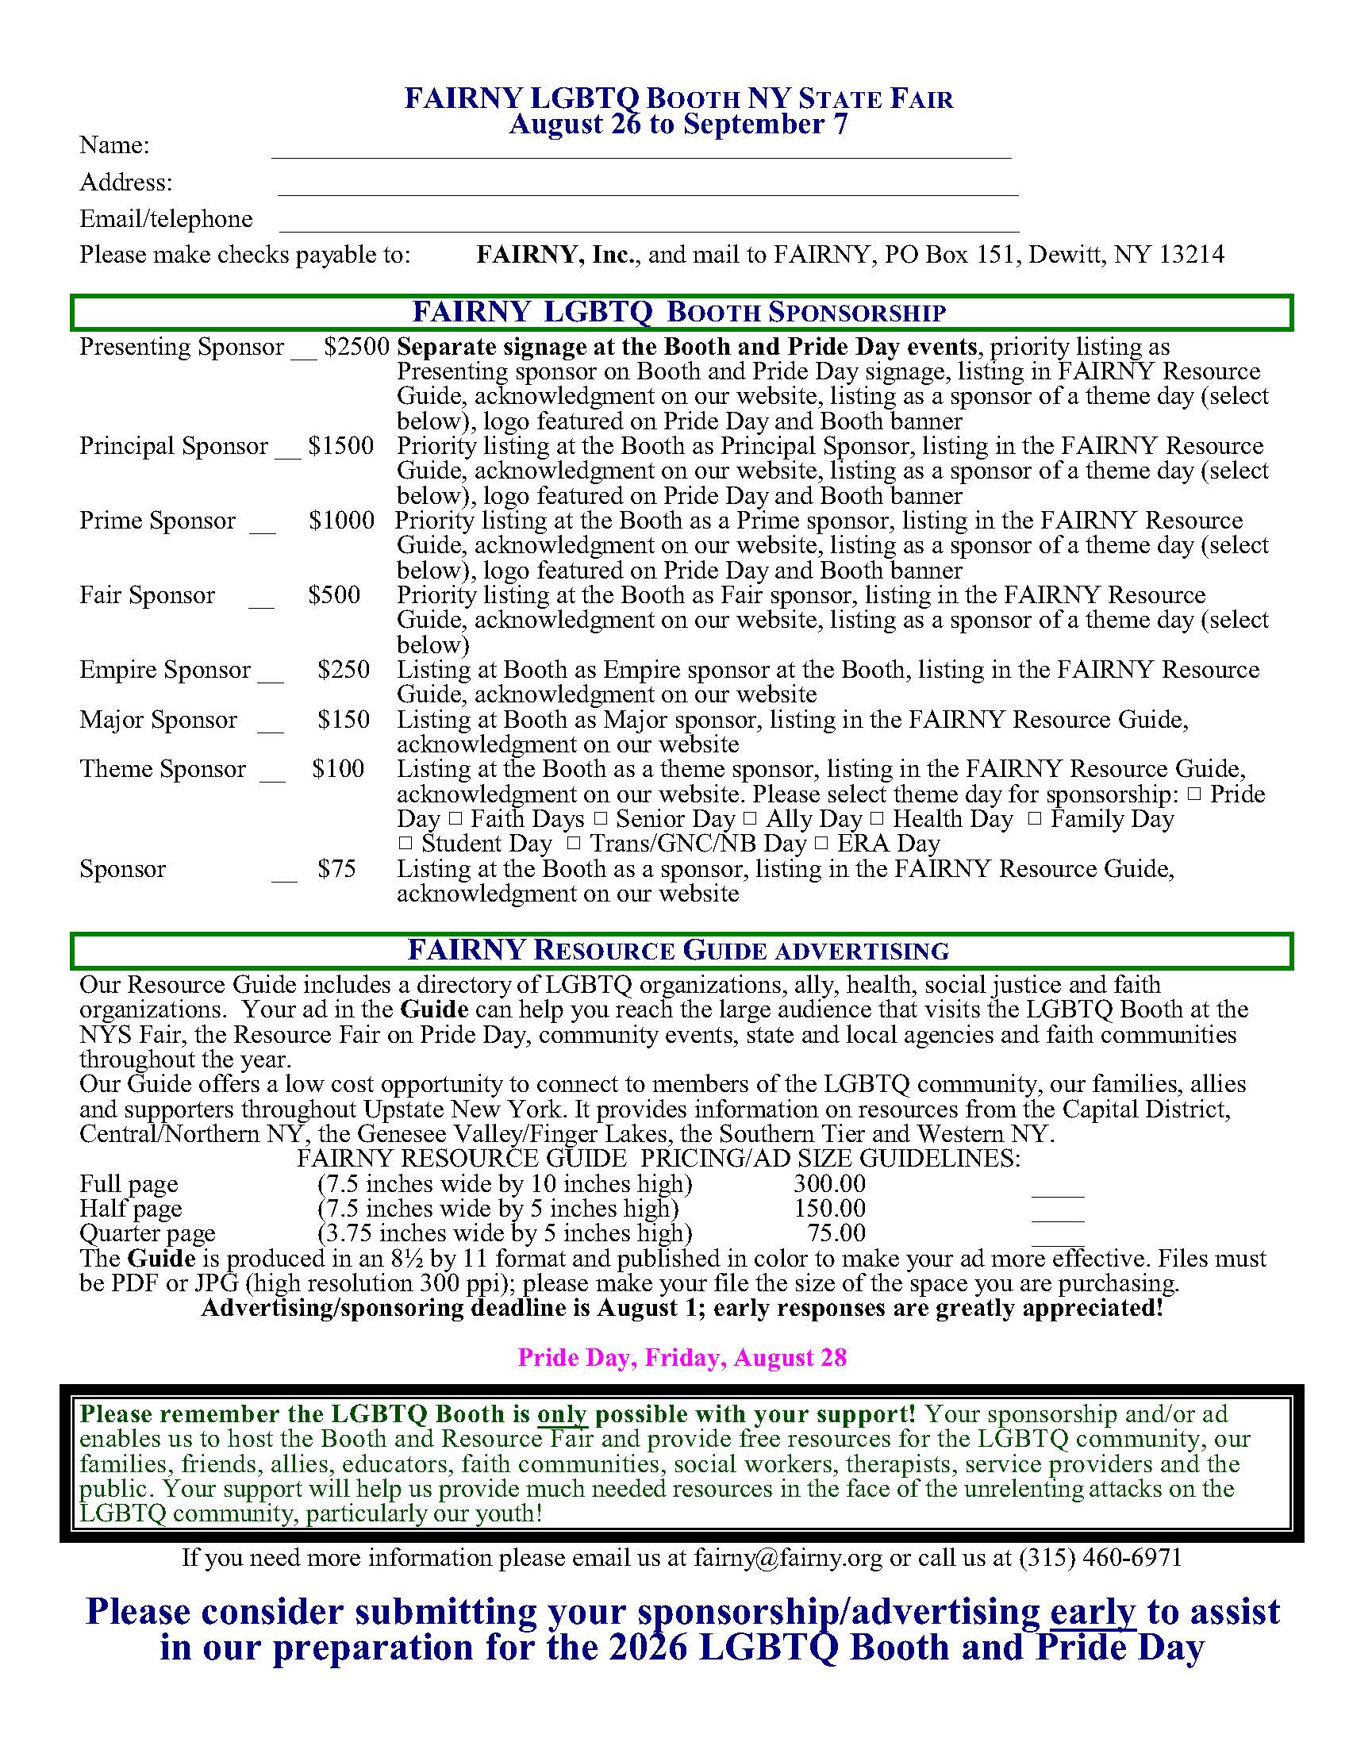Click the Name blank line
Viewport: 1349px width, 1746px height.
tap(641, 156)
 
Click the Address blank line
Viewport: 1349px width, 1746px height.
tap(648, 192)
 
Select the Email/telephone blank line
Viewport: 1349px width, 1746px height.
tap(649, 229)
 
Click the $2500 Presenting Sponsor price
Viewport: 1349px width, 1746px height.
tap(356, 347)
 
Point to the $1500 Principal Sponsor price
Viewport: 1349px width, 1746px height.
tap(341, 446)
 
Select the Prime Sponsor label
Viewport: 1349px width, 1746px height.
tap(157, 521)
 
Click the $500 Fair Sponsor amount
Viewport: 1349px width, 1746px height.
tap(334, 594)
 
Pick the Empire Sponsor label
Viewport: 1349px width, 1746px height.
tap(164, 669)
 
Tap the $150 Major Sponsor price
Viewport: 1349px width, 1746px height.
tap(344, 720)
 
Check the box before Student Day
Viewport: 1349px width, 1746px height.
tap(405, 844)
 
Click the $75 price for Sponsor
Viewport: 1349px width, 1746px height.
tap(336, 869)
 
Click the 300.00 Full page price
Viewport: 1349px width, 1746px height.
tap(829, 1184)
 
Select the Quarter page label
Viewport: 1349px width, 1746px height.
tap(147, 1233)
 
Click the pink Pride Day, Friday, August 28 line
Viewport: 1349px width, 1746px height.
tap(682, 1357)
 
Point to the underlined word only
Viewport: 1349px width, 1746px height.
tap(562, 1414)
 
